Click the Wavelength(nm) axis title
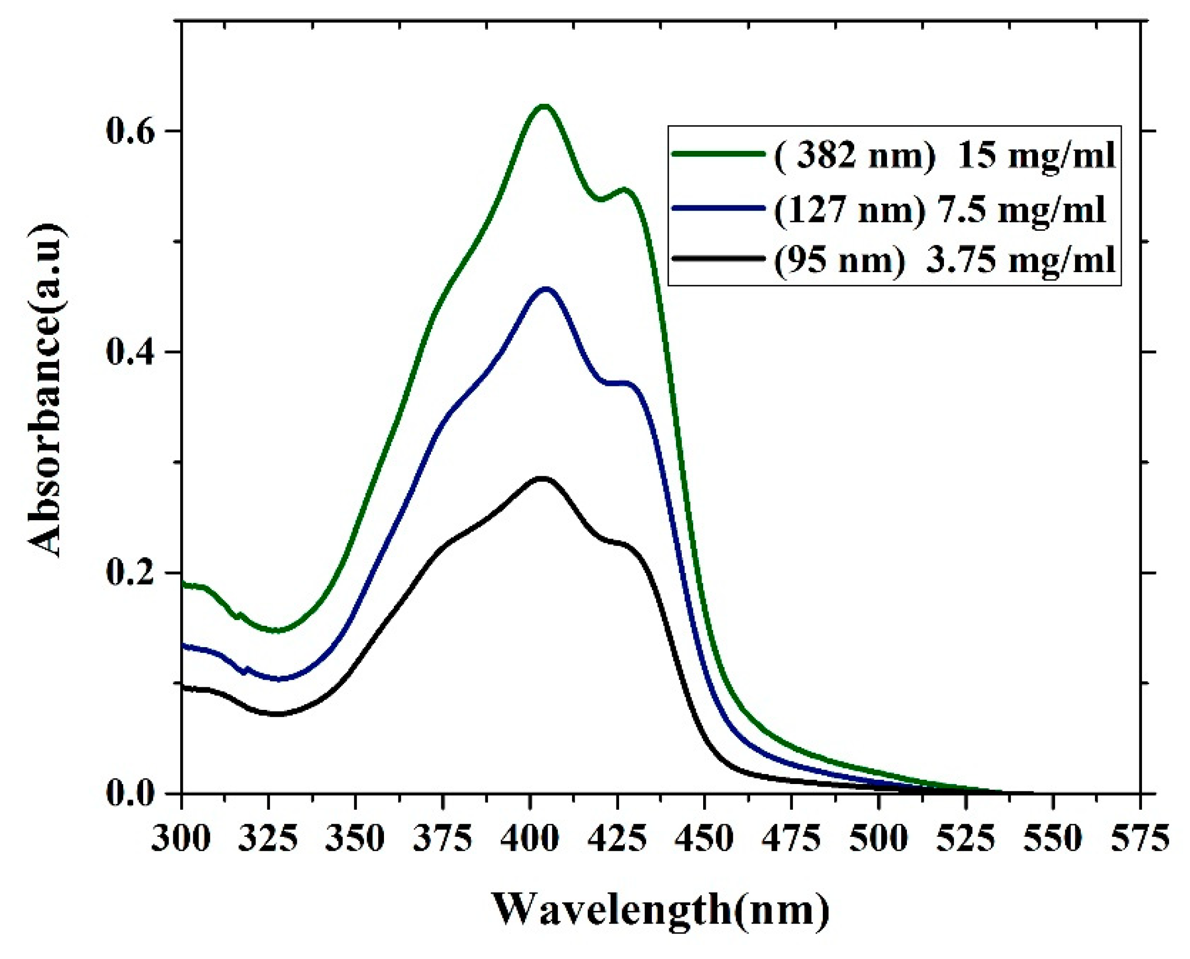click(x=661, y=909)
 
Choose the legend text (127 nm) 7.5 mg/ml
click(x=939, y=209)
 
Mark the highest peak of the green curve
click(x=544, y=106)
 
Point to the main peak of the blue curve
click(x=546, y=288)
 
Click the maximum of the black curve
click(x=543, y=478)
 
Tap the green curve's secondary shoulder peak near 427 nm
click(x=624, y=190)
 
